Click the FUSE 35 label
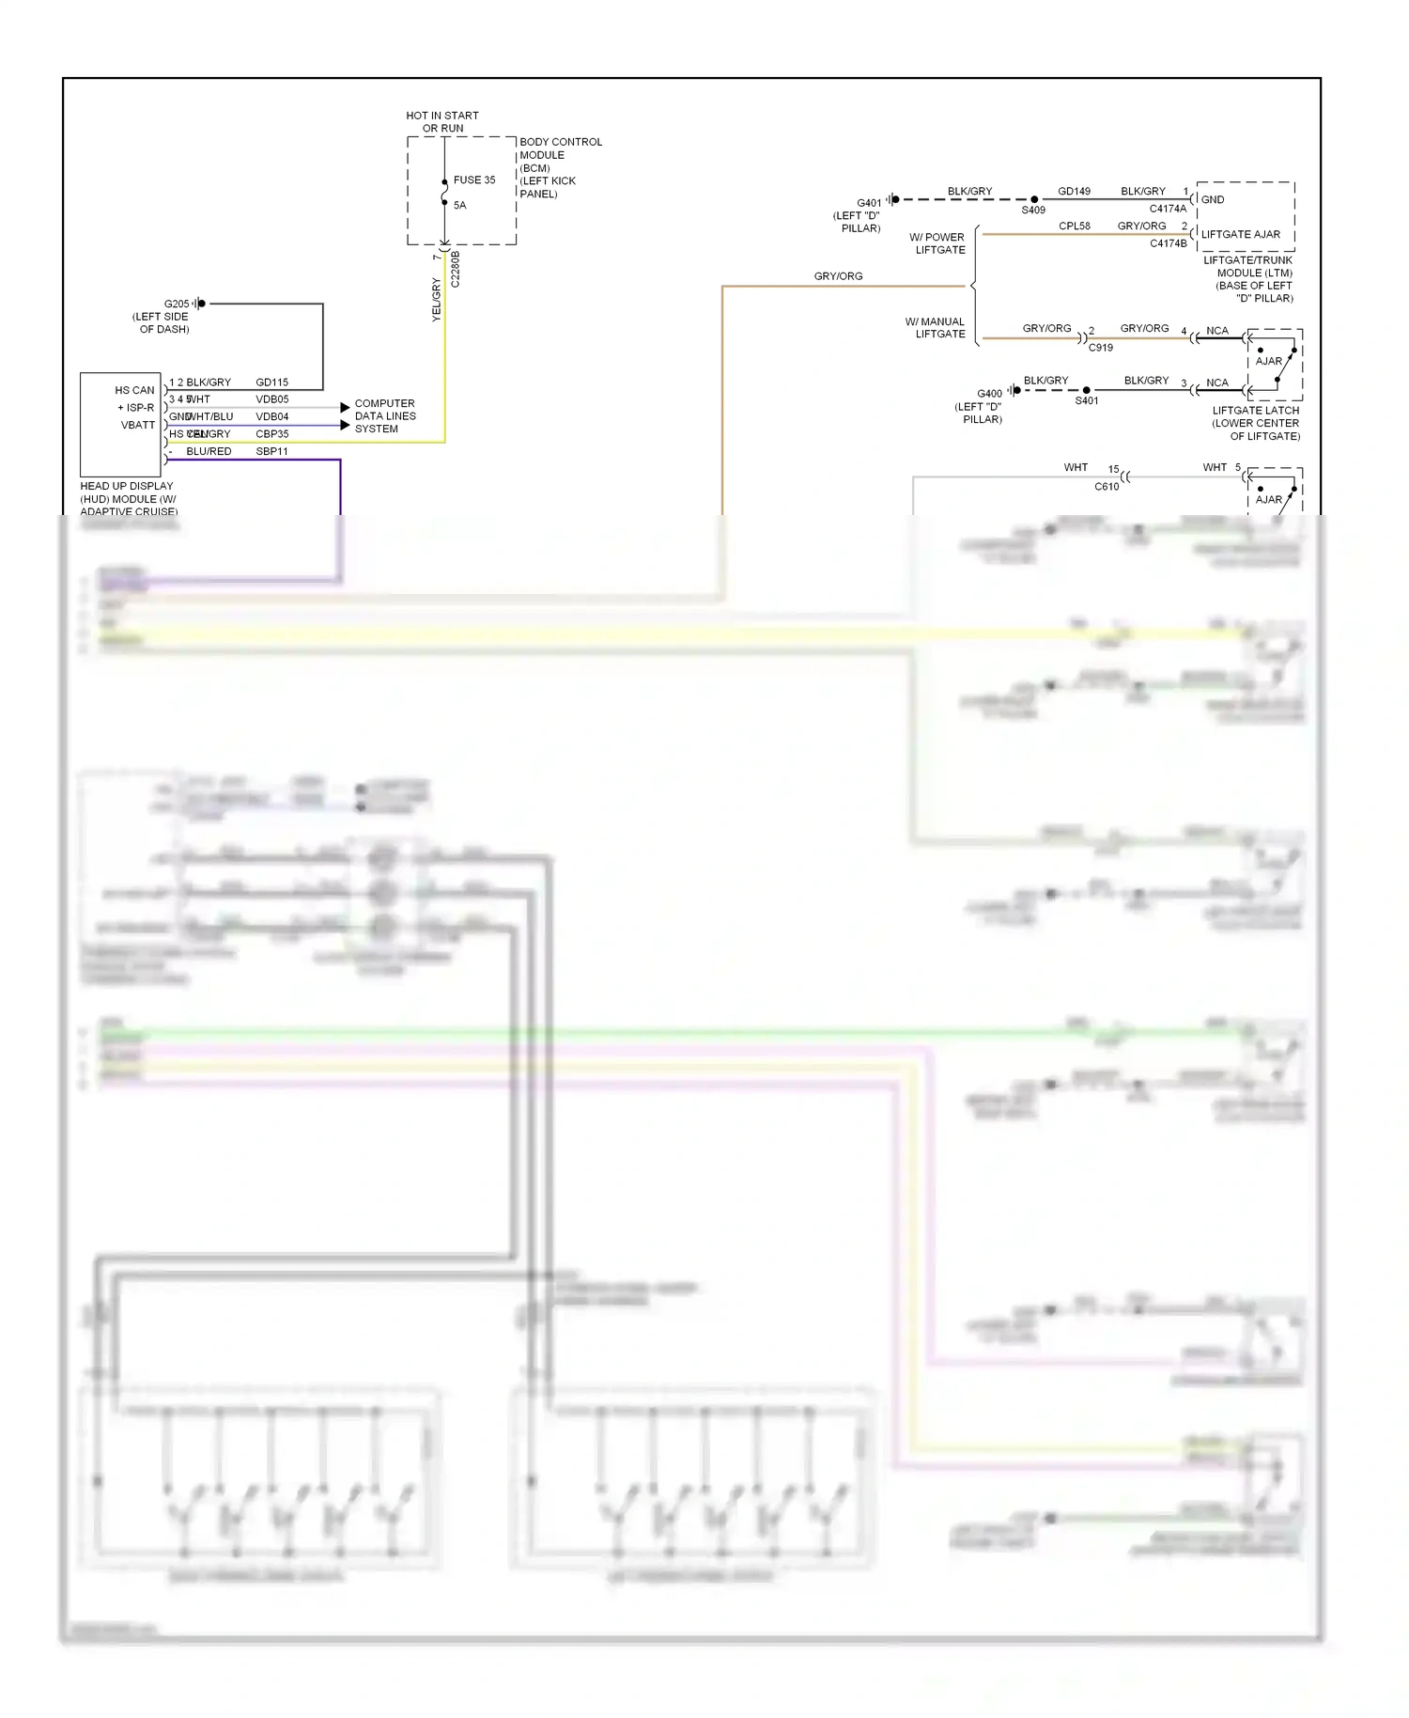473,180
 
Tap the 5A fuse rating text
459,205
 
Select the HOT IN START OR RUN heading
442,121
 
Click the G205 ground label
177,304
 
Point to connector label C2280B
456,268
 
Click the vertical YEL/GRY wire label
436,299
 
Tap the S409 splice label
1033,211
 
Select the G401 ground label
869,202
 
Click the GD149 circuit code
1074,191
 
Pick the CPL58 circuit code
1074,226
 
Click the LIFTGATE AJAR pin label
1240,234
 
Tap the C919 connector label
1100,348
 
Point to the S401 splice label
1086,400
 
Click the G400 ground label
989,394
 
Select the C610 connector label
1107,487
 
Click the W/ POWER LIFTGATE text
937,243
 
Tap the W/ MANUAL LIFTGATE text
936,327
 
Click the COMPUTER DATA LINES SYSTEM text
384,415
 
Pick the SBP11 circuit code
271,451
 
